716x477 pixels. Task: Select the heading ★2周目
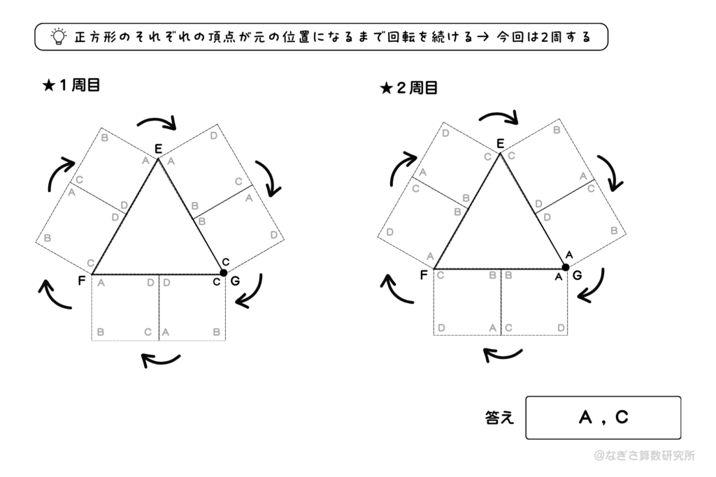click(409, 89)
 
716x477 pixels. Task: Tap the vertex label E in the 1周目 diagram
click(158, 148)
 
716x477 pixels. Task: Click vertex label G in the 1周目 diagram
click(234, 282)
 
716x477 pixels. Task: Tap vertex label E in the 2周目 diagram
click(500, 144)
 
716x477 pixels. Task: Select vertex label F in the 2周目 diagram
click(424, 275)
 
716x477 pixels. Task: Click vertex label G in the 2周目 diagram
click(577, 276)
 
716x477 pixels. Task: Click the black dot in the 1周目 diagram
click(224, 272)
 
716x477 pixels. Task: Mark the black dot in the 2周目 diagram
click(566, 267)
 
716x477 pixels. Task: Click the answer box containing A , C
click(603, 418)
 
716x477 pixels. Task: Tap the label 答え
click(499, 418)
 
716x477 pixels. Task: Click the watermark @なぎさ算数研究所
click(644, 455)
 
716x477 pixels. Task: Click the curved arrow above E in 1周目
click(157, 124)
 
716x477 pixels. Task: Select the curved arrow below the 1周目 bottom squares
click(161, 360)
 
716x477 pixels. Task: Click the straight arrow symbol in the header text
click(481, 37)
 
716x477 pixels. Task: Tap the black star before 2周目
click(385, 89)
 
